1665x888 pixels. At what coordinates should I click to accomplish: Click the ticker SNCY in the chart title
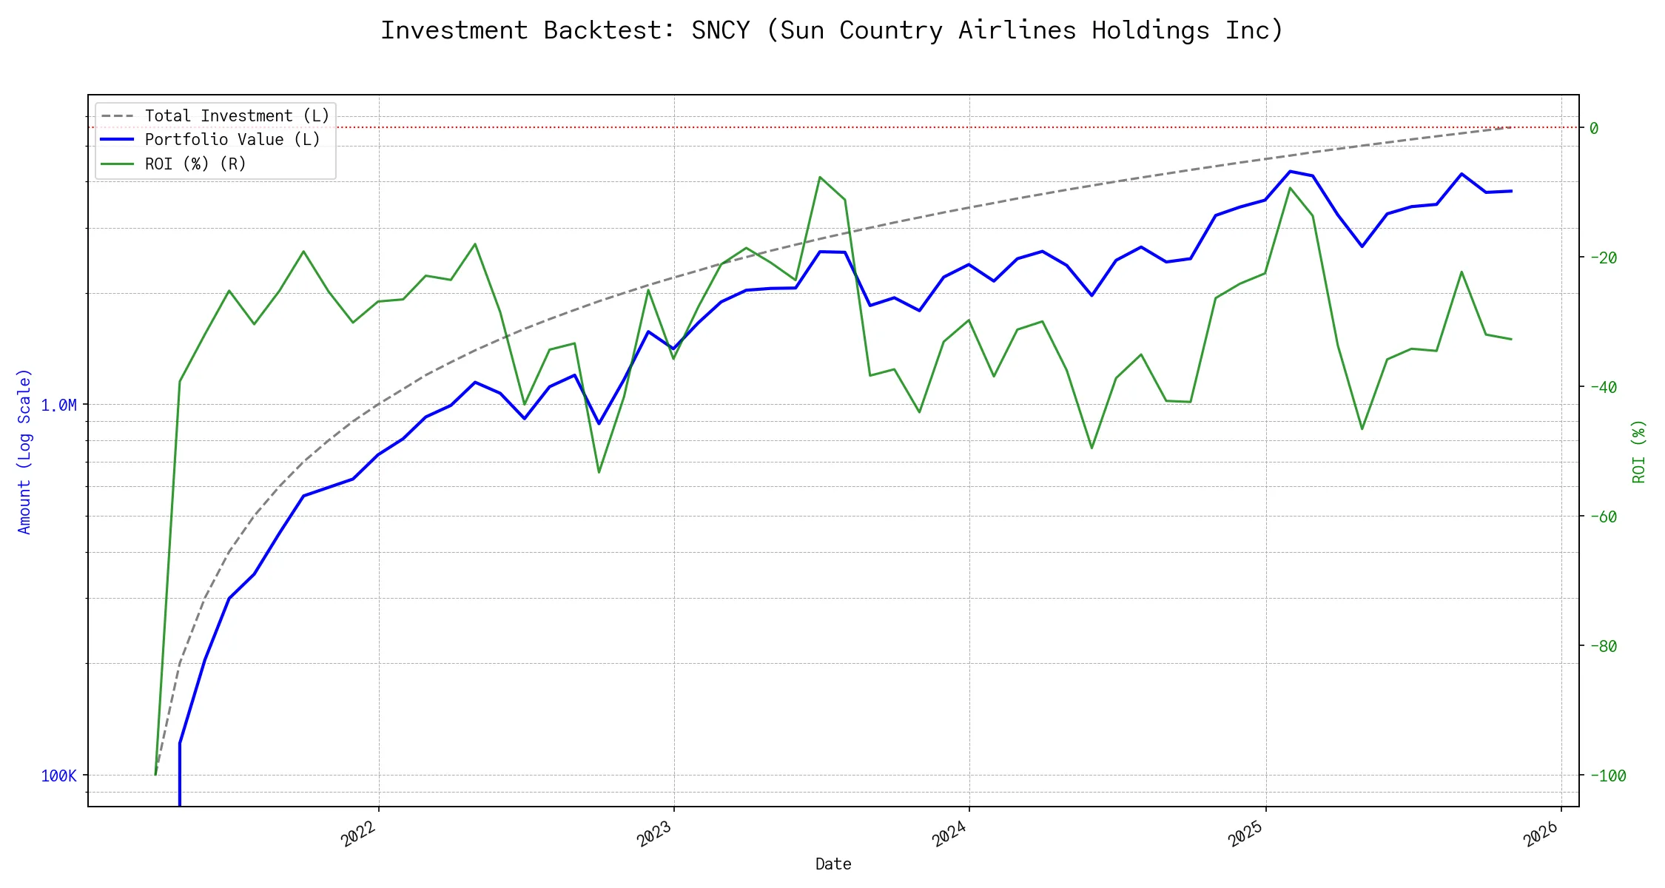point(720,30)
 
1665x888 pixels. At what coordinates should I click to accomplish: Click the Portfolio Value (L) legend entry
point(232,140)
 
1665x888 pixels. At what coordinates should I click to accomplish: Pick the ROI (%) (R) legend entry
point(195,164)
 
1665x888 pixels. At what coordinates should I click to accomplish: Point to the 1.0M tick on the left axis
point(58,405)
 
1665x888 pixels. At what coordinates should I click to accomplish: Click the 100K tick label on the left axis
point(58,776)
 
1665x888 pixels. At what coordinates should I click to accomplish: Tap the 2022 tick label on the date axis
point(360,834)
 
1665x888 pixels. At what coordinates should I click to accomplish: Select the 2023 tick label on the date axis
point(655,834)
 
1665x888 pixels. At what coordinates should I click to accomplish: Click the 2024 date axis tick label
point(950,834)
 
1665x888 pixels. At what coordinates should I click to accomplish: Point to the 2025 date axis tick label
point(1246,834)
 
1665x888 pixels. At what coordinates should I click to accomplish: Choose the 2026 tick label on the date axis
point(1542,834)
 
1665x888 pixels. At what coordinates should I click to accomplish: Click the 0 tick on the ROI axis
point(1594,128)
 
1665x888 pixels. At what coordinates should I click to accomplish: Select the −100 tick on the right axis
point(1607,776)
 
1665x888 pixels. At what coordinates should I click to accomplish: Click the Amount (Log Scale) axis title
point(24,451)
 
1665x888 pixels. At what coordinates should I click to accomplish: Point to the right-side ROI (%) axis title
point(1639,451)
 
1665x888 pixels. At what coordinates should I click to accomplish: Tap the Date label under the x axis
point(833,864)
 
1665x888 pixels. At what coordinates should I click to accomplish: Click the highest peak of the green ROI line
point(820,177)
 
